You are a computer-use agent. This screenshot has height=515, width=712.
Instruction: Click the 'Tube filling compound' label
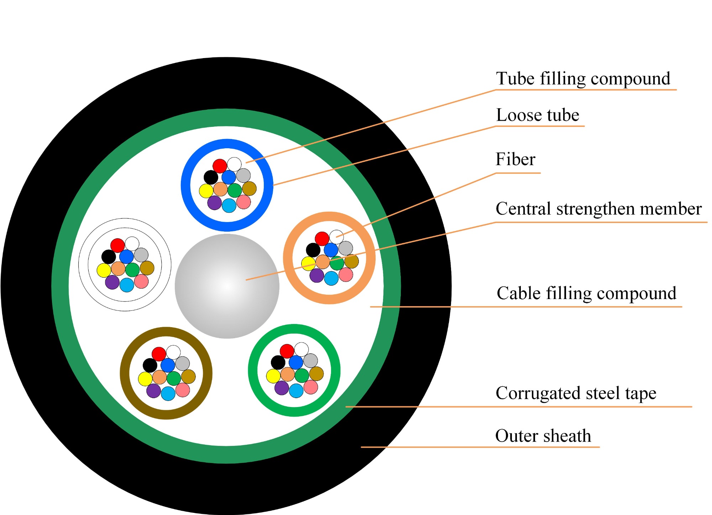[583, 79]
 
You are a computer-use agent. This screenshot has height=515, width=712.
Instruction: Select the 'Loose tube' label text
[538, 115]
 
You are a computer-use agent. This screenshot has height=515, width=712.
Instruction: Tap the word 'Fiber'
[515, 159]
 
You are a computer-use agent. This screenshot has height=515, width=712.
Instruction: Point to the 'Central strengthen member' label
[599, 208]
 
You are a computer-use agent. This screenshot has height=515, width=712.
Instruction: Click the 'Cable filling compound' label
[586, 294]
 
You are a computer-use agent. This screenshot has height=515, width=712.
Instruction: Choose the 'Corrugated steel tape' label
[576, 393]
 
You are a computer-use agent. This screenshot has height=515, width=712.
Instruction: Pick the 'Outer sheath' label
[543, 436]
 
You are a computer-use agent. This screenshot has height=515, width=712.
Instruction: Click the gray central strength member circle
[227, 286]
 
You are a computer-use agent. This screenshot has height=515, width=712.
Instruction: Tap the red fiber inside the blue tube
[220, 166]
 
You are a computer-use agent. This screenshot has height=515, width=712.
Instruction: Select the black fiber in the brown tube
[150, 365]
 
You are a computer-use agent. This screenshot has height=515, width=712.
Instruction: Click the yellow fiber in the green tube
[273, 376]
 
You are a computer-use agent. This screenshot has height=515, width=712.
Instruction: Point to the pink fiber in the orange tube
[346, 274]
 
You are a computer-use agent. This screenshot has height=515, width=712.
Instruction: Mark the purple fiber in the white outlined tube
[112, 282]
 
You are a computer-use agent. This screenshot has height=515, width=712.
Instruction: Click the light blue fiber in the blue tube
[229, 206]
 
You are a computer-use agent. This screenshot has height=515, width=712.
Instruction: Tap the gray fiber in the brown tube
[183, 364]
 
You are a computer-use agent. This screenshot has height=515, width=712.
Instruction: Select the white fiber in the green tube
[302, 350]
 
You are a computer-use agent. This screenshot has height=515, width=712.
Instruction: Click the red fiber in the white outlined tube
[117, 245]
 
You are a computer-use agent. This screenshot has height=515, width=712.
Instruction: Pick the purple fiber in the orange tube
[316, 275]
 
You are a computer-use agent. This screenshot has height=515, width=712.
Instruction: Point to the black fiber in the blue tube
[211, 177]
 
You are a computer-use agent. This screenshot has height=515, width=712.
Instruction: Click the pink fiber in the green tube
[310, 387]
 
